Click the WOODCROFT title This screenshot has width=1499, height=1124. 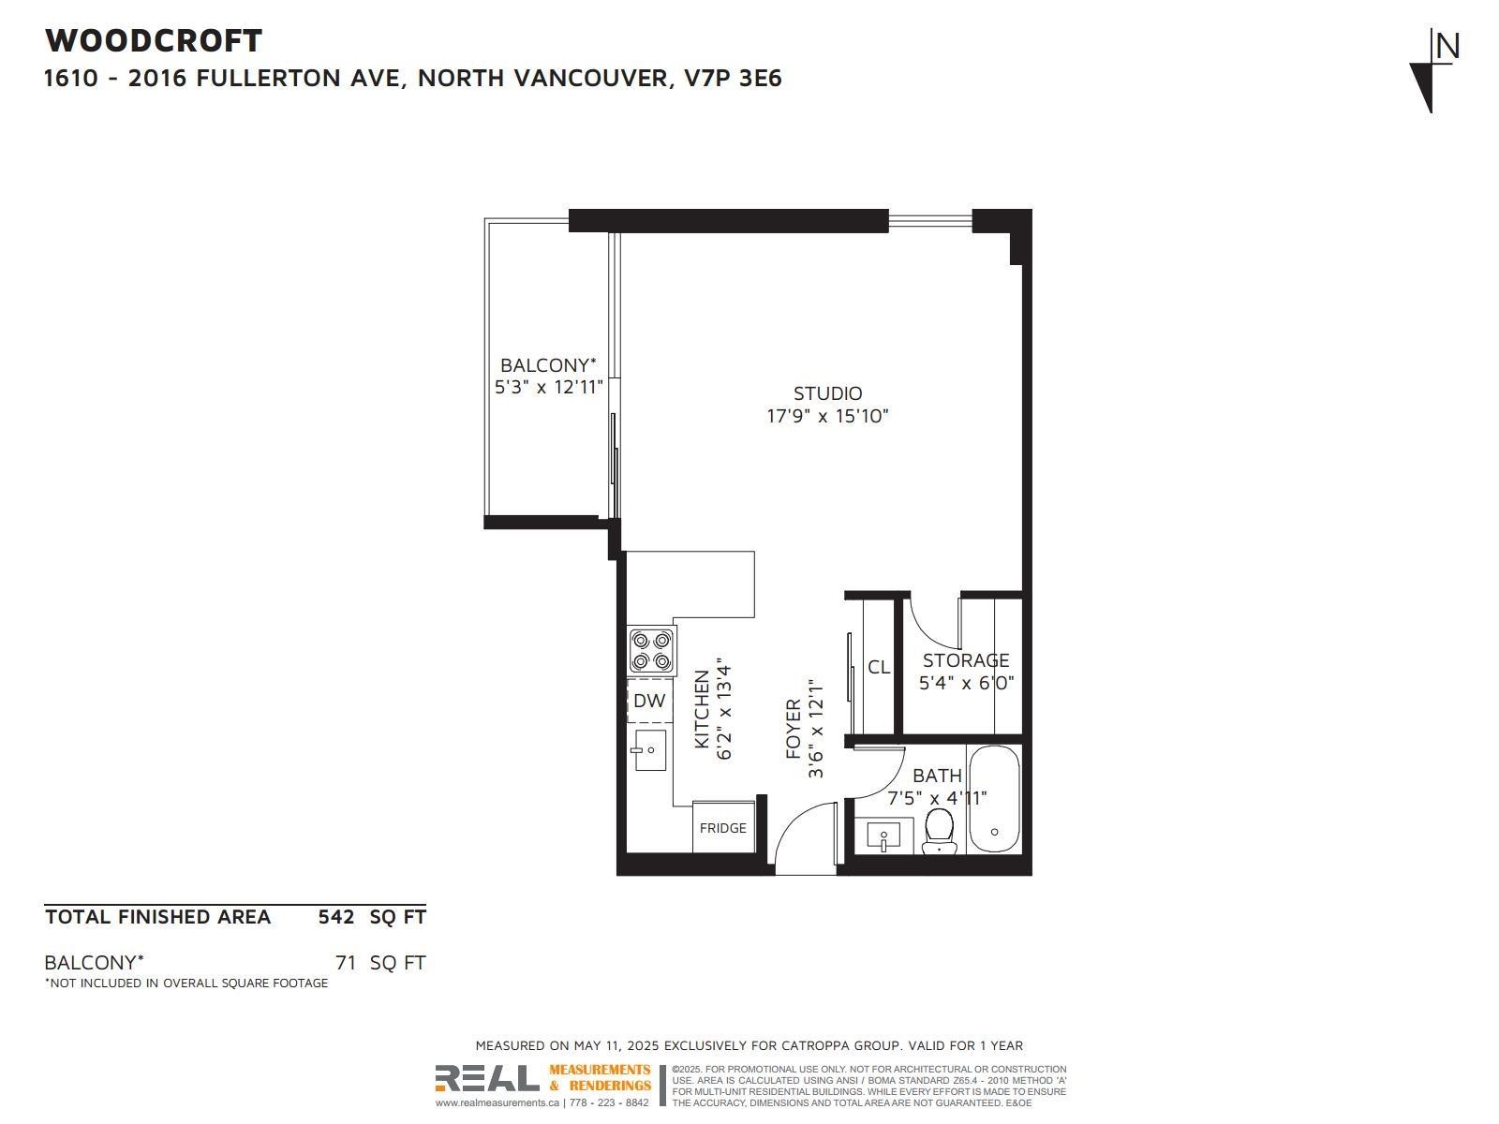pos(154,40)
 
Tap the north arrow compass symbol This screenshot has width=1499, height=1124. pos(1433,70)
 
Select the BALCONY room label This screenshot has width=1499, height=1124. pos(547,365)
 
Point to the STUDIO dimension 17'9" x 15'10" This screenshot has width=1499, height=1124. pos(827,416)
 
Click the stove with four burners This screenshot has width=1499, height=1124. pos(652,651)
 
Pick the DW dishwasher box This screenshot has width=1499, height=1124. pos(649,701)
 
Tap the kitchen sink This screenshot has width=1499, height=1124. pos(649,749)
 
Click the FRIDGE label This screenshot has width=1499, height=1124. pos(722,828)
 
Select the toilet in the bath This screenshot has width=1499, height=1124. pos(938,831)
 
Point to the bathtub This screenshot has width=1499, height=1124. pos(993,799)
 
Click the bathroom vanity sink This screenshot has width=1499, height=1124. pos(883,835)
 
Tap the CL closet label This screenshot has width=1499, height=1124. pos(878,667)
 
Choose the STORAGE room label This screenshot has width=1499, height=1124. pos(966,660)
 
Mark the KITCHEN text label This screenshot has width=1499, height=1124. pos(702,709)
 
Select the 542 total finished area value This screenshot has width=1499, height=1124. pos(336,917)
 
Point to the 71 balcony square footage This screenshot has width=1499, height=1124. pos(346,962)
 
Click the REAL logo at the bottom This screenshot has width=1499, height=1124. pos(487,1079)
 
